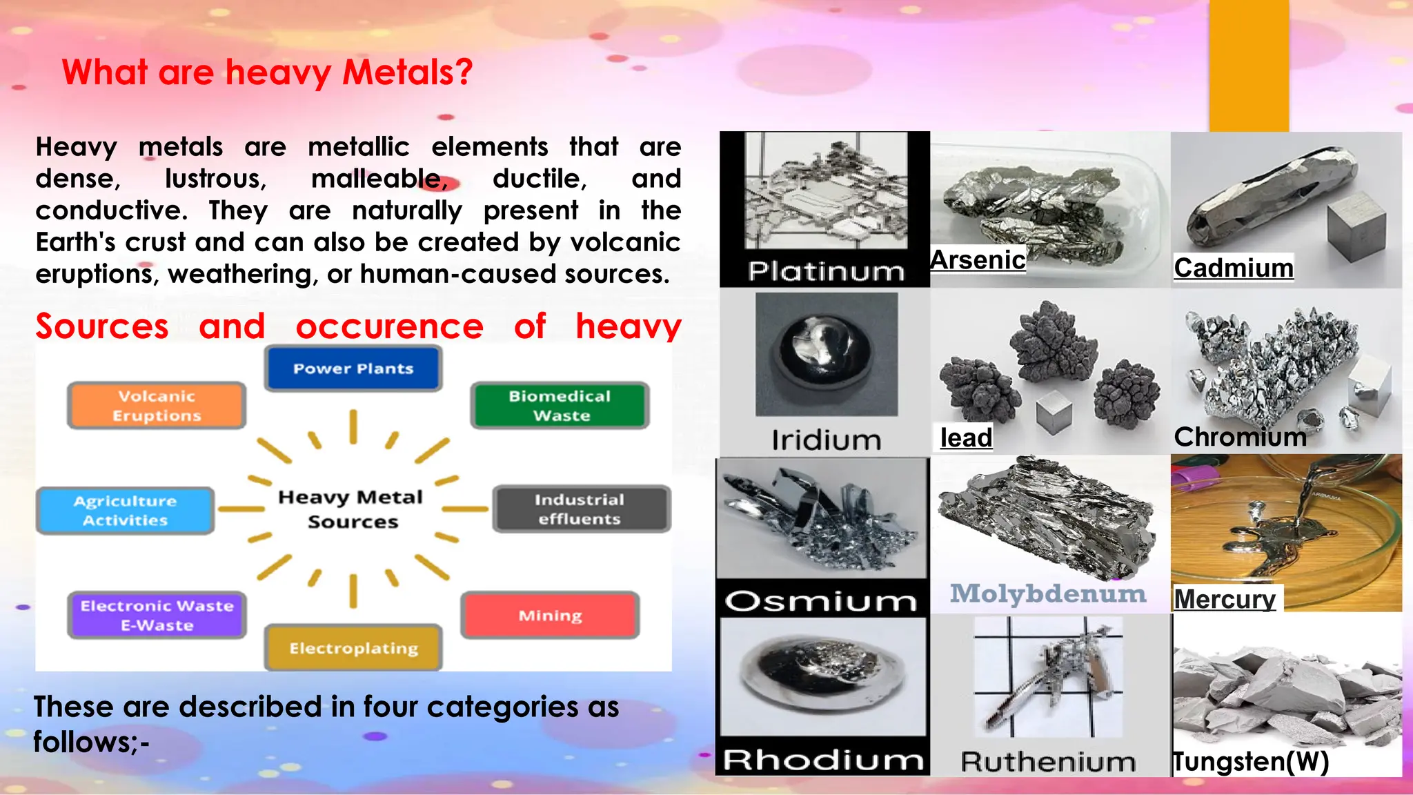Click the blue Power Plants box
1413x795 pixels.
[x=353, y=369]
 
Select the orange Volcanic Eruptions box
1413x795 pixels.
[x=157, y=406]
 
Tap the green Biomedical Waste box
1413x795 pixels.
[x=560, y=406]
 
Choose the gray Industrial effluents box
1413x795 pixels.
[x=580, y=509]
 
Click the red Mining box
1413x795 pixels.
[x=550, y=615]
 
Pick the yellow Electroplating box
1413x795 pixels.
[x=353, y=648]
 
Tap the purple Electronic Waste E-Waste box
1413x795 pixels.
[x=157, y=616]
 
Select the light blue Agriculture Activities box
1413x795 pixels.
[x=125, y=511]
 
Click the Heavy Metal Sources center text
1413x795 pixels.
[x=351, y=509]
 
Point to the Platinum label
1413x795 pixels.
[x=826, y=271]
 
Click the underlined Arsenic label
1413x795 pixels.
[x=978, y=260]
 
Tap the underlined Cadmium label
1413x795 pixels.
[x=1234, y=268]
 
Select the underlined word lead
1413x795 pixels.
[x=966, y=438]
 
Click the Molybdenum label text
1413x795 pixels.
[x=1048, y=593]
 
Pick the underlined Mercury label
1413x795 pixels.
[x=1225, y=599]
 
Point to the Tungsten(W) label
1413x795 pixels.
[x=1251, y=762]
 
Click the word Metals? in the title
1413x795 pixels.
[x=407, y=72]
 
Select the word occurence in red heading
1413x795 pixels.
[x=389, y=326]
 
